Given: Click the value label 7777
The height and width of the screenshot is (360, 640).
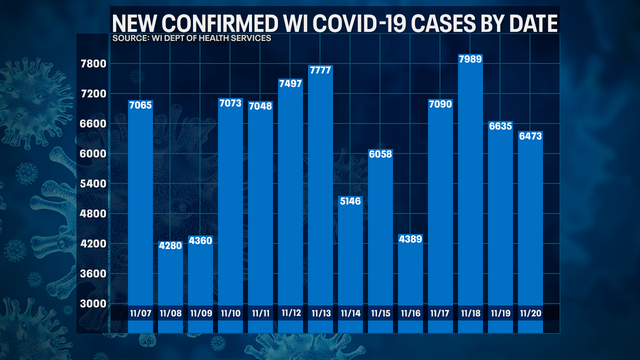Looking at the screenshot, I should [320, 70].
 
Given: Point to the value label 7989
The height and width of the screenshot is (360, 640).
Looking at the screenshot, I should [470, 61].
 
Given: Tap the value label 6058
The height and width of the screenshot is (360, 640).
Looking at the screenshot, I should [380, 156].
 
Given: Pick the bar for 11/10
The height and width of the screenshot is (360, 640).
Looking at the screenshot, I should [230, 200].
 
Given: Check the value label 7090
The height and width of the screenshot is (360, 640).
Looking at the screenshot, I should [440, 104].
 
